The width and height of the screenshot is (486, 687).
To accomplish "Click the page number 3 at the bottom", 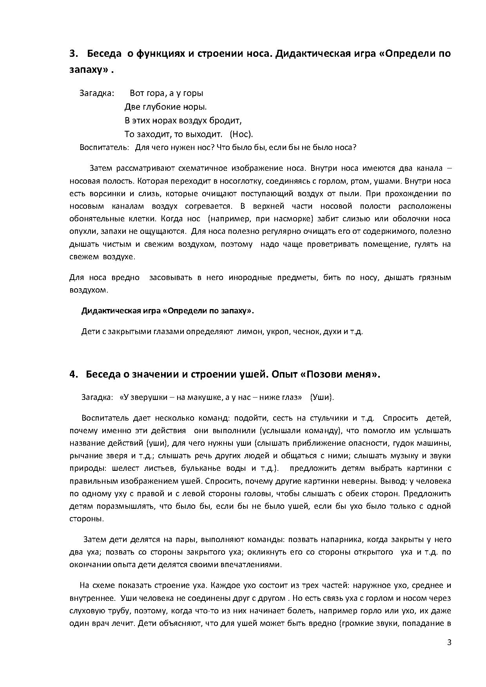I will pyautogui.click(x=449, y=643).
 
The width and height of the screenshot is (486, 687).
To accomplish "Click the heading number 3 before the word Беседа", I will pyautogui.click(x=72, y=54).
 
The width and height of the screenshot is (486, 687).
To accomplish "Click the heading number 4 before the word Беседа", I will pyautogui.click(x=72, y=374).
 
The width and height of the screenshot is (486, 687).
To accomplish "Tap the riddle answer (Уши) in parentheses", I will pyautogui.click(x=322, y=397).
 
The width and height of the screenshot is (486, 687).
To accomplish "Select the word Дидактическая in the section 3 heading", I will pyautogui.click(x=308, y=54).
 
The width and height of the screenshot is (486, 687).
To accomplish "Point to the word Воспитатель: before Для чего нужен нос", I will pyautogui.click(x=104, y=148).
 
